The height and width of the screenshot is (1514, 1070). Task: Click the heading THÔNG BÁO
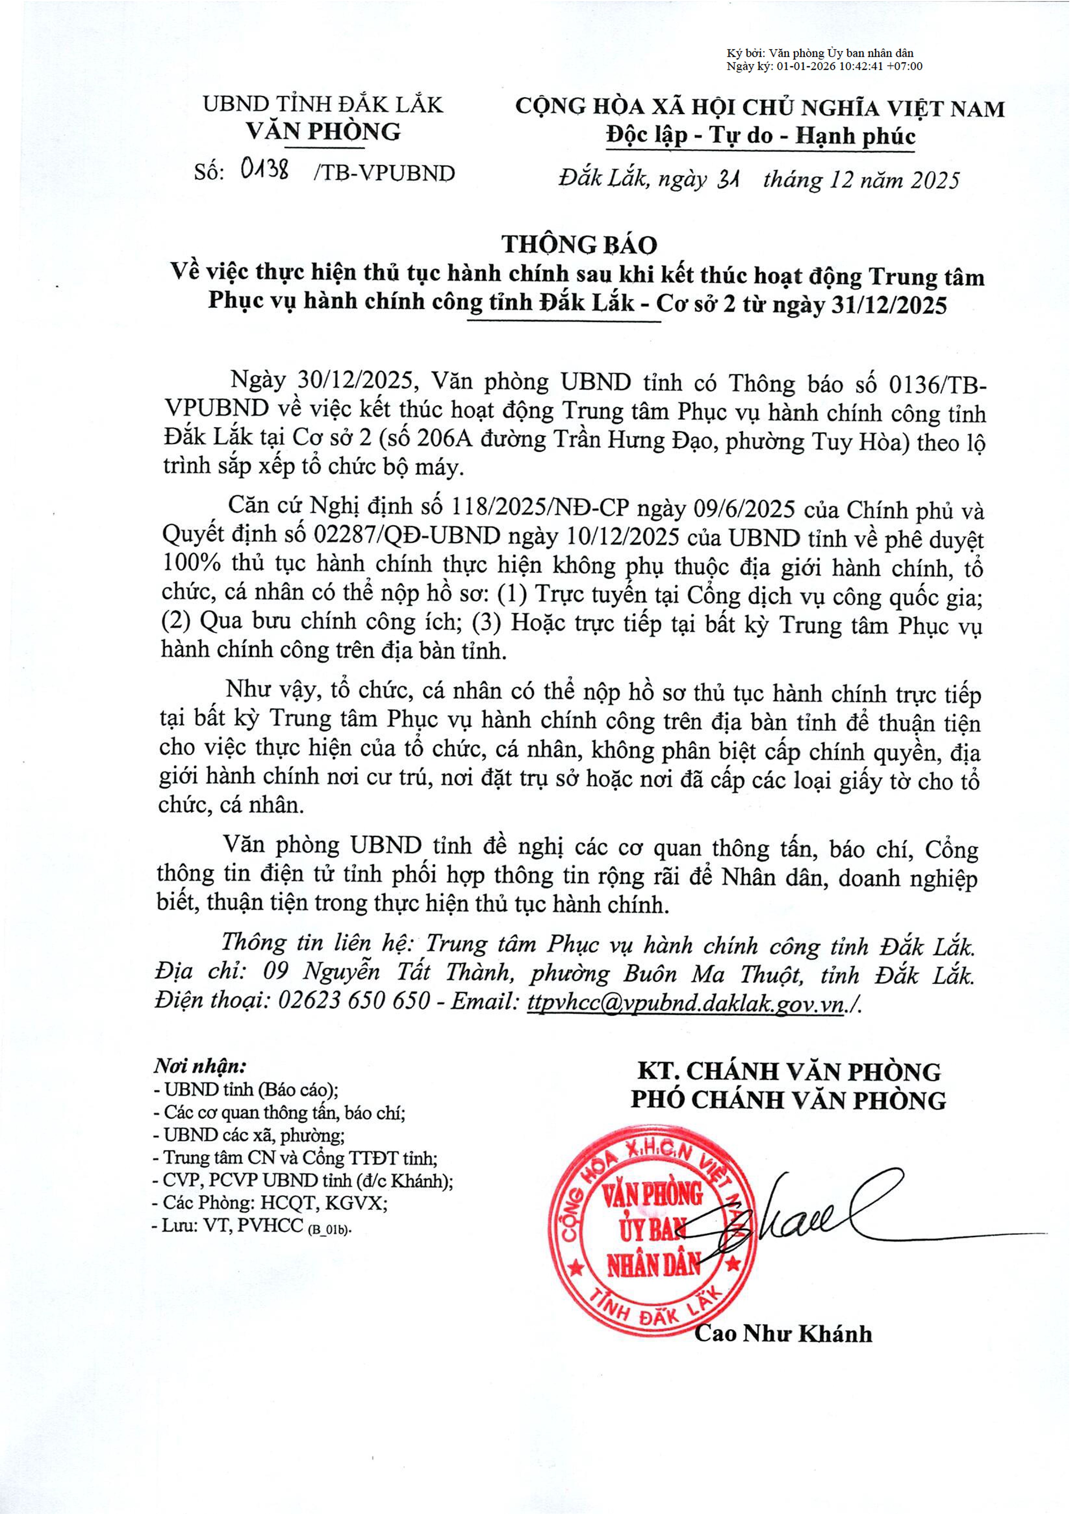coord(579,245)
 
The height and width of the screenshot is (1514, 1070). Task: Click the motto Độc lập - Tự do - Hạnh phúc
coord(761,136)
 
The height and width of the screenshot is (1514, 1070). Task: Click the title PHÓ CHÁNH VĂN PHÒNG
coord(788,1100)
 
